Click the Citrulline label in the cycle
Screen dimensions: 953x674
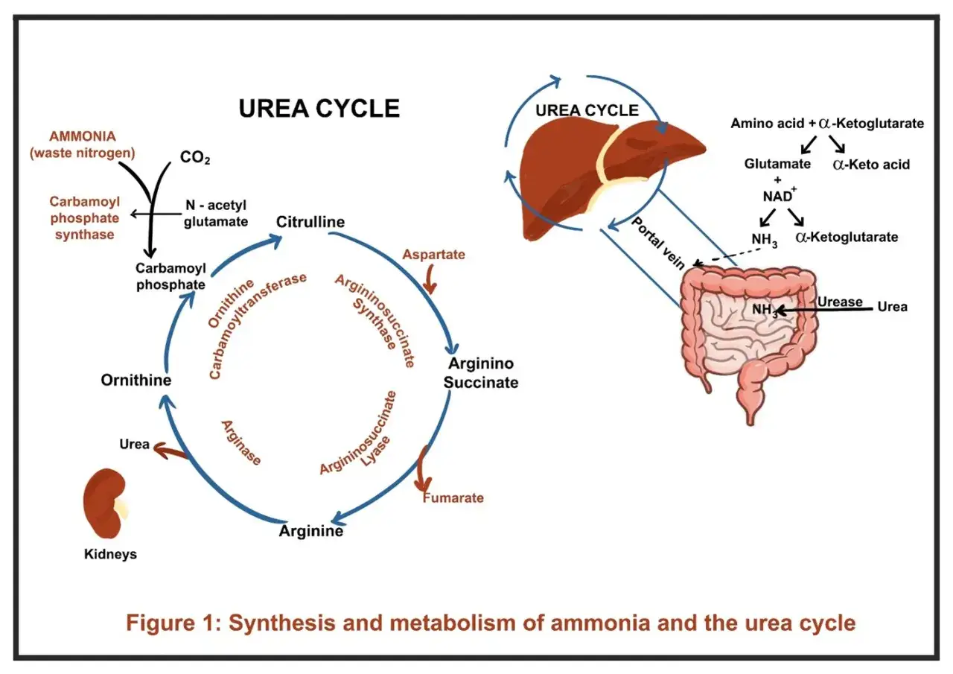tap(310, 222)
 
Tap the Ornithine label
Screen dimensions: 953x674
tap(136, 380)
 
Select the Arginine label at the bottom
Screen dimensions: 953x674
tap(311, 531)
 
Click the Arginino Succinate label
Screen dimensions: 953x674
tap(481, 372)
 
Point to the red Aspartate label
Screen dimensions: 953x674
tap(433, 255)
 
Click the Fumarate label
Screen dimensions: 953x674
tap(453, 497)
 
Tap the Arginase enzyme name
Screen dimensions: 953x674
tap(240, 442)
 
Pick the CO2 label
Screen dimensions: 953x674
tap(195, 157)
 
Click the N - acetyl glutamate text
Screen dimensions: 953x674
tap(216, 213)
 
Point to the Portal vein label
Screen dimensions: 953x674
tap(658, 244)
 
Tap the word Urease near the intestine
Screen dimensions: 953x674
tap(840, 302)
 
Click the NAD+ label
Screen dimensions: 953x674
tap(780, 196)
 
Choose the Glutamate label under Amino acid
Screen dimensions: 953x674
tap(777, 164)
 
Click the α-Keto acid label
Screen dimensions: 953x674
tap(871, 165)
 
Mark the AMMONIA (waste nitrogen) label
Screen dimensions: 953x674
tap(83, 144)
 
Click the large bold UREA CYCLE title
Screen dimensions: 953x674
tap(319, 109)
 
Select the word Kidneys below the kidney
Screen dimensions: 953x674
tap(111, 554)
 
